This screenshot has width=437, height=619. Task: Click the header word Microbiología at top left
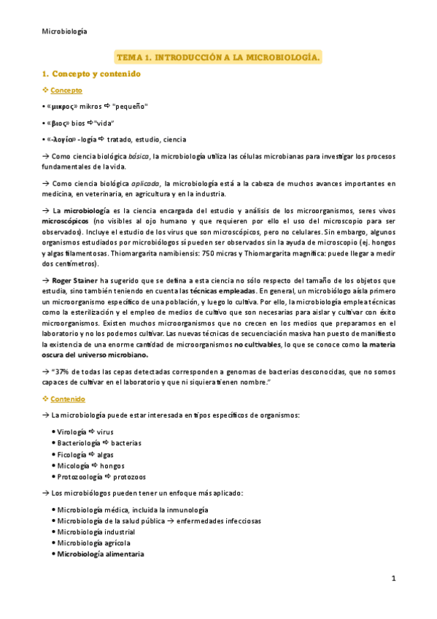[x=65, y=31]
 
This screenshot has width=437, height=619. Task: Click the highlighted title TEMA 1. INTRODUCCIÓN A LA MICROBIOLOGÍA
[x=219, y=57]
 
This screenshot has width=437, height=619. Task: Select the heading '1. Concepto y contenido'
[x=91, y=74]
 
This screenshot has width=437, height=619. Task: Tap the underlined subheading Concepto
[x=66, y=90]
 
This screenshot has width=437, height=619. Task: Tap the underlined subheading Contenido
[x=68, y=399]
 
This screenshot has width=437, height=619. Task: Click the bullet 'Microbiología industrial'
[x=93, y=531]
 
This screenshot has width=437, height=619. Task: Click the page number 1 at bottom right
[x=392, y=579]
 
